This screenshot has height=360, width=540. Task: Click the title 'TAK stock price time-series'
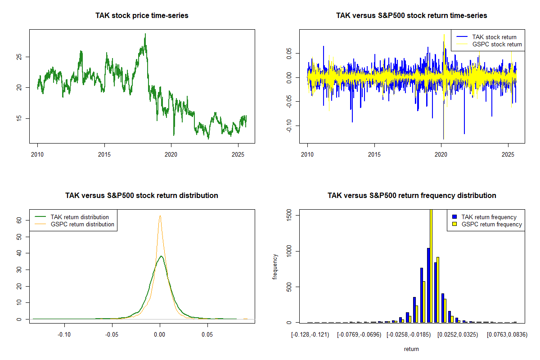click(x=142, y=15)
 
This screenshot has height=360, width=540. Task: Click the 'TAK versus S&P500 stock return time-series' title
click(x=411, y=15)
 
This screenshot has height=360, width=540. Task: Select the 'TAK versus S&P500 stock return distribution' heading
click(x=142, y=195)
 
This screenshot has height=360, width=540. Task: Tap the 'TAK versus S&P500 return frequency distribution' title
click(x=411, y=195)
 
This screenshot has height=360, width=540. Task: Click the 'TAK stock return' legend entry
click(x=494, y=37)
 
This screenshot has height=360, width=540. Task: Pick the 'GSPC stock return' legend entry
click(x=497, y=44)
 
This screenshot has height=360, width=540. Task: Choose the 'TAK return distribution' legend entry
click(x=80, y=217)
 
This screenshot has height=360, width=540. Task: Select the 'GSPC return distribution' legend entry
click(x=82, y=224)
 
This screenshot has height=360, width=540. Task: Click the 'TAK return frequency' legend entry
click(x=489, y=217)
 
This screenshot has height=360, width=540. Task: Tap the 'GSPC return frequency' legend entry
click(x=491, y=224)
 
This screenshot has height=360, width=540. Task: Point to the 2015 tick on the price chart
click(x=104, y=153)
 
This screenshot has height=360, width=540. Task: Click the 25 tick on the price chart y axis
click(x=18, y=57)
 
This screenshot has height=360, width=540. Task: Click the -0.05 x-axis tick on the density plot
click(x=112, y=335)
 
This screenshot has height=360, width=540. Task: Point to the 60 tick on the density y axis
click(x=19, y=220)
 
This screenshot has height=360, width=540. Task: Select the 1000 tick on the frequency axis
click(x=288, y=251)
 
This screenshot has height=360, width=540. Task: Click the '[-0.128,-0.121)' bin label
click(x=310, y=335)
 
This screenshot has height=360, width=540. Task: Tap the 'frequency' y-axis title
click(x=275, y=267)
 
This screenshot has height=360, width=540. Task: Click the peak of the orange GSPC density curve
click(x=160, y=216)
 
